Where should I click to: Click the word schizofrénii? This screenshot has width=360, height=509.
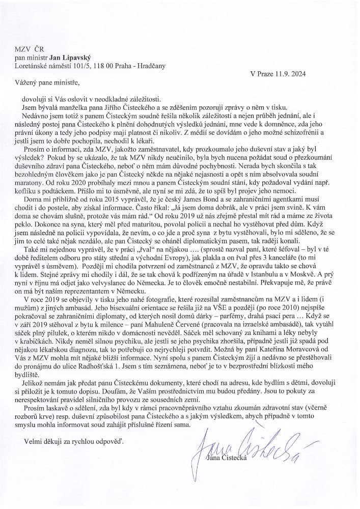coord(309,132)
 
